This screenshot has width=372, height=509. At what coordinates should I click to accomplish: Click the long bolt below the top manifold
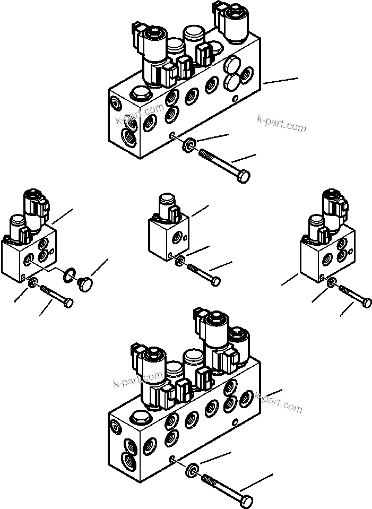pos(223,165)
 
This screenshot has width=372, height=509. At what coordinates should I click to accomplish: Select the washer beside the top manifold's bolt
pos(189,144)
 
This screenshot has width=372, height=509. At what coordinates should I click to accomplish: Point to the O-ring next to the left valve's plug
pos(68,275)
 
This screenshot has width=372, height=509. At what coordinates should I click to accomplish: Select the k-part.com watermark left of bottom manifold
pos(138,379)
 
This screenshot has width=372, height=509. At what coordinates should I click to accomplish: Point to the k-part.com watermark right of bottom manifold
pos(279,402)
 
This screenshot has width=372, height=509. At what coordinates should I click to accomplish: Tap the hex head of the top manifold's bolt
pos(244,176)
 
